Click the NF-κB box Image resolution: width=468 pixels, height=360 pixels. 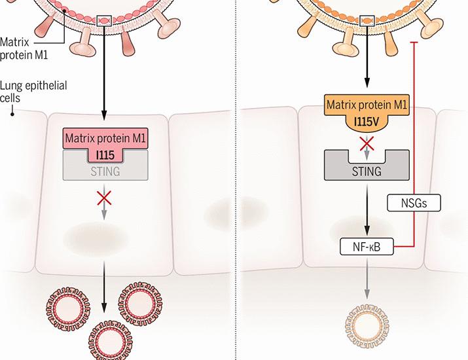pyautogui.click(x=367, y=247)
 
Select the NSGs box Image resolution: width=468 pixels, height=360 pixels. pyautogui.click(x=416, y=202)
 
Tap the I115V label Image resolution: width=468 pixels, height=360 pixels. pyautogui.click(x=367, y=122)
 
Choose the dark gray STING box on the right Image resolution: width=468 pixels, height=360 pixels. pyautogui.click(x=367, y=171)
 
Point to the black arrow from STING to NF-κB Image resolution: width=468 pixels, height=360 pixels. pyautogui.click(x=367, y=212)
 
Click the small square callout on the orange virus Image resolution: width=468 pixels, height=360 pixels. pyautogui.click(x=367, y=22)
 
